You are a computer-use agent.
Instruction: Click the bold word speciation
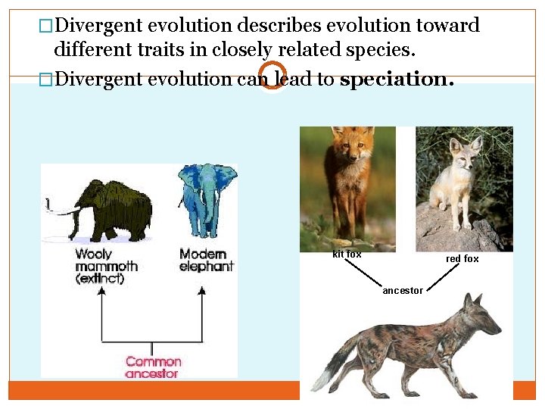click(x=397, y=80)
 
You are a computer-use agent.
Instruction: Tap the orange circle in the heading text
click(x=272, y=75)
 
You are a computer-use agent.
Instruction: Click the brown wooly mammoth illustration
click(x=114, y=209)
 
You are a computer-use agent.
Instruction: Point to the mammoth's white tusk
click(x=64, y=211)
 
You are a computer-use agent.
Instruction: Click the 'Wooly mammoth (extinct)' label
click(x=105, y=266)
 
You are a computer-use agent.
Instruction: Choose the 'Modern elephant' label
click(x=206, y=260)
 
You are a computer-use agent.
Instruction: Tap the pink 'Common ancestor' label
click(x=153, y=367)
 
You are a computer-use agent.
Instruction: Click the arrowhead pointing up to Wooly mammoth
click(x=101, y=296)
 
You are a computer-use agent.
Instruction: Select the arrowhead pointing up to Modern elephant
click(x=202, y=296)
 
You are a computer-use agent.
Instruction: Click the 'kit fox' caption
click(x=347, y=254)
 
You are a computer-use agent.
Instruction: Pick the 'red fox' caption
click(x=462, y=259)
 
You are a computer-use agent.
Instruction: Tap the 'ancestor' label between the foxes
click(x=403, y=291)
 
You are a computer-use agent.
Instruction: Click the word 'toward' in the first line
click(x=447, y=25)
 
